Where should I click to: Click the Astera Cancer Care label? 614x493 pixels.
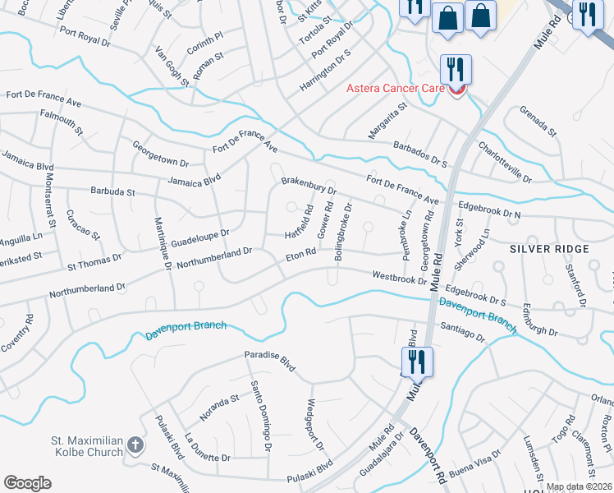(x=396, y=88)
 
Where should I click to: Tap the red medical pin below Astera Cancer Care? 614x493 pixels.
(x=456, y=90)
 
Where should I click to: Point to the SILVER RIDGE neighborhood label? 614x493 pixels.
(x=549, y=248)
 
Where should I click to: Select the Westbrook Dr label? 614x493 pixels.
(x=399, y=279)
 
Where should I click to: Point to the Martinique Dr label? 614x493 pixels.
(x=162, y=244)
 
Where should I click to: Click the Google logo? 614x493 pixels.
(x=27, y=482)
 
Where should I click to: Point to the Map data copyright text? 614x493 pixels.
(x=579, y=486)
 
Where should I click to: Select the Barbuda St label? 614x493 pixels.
(x=112, y=191)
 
